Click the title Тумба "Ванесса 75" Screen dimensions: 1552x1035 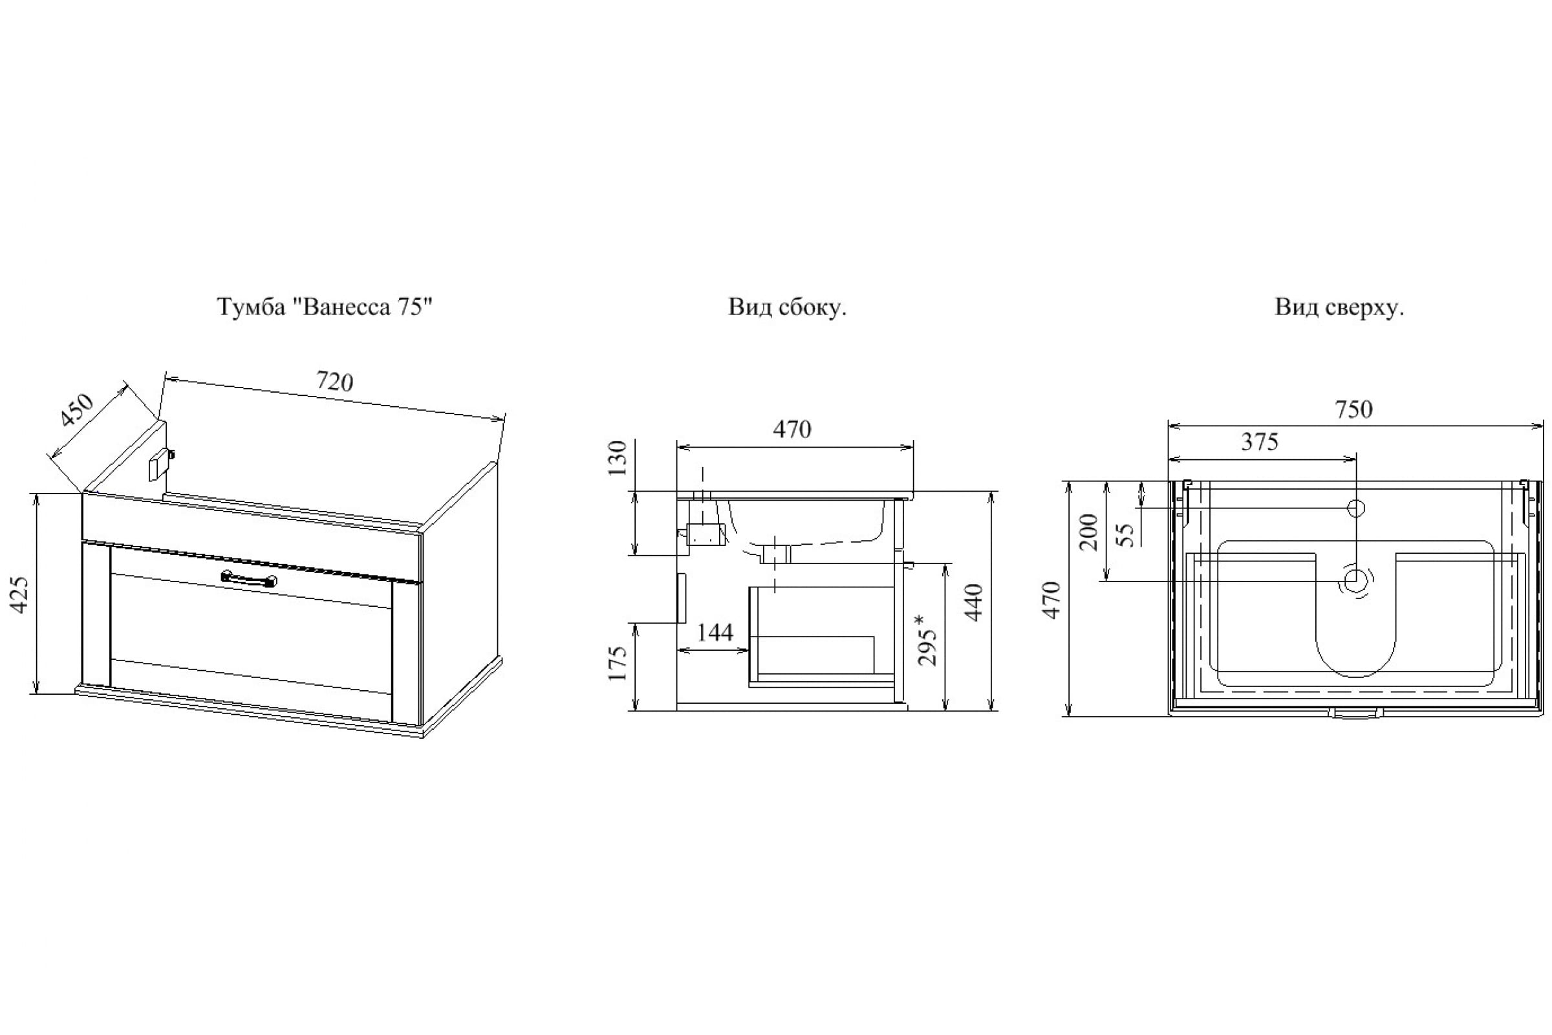[x=325, y=307]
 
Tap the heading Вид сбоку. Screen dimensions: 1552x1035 [x=787, y=307]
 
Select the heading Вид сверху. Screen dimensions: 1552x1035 [x=1339, y=307]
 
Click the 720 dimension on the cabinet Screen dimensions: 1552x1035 [x=334, y=382]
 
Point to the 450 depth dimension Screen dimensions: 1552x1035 [x=78, y=410]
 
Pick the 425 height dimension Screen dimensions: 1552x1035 [x=21, y=594]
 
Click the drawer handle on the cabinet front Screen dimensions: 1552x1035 [x=249, y=579]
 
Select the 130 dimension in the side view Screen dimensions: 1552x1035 [x=616, y=459]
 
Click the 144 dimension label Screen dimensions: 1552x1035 [x=715, y=633]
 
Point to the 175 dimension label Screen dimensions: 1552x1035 [x=616, y=664]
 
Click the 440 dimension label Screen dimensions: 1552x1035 [x=973, y=602]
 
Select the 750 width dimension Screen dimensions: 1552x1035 [x=1354, y=410]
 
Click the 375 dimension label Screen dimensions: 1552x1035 [x=1260, y=442]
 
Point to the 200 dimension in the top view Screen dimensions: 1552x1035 [x=1089, y=532]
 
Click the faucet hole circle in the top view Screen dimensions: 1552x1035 [x=1355, y=508]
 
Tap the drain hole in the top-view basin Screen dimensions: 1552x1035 [x=1355, y=581]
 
